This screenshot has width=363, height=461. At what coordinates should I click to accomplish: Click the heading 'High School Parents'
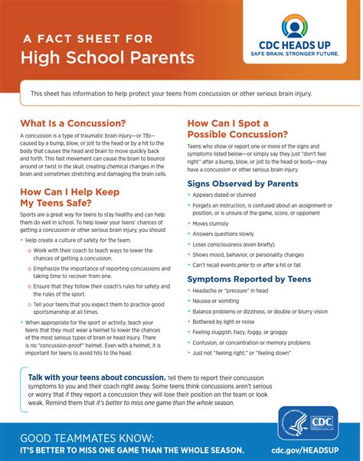pyautogui.click(x=107, y=57)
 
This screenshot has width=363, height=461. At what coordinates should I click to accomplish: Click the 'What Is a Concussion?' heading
pyautogui.click(x=73, y=123)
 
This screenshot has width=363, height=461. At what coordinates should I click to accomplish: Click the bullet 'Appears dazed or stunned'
pyautogui.click(x=226, y=195)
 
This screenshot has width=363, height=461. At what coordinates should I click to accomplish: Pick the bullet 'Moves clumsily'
pyautogui.click(x=212, y=224)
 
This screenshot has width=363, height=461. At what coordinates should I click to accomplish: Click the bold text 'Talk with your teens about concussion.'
pyautogui.click(x=96, y=378)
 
